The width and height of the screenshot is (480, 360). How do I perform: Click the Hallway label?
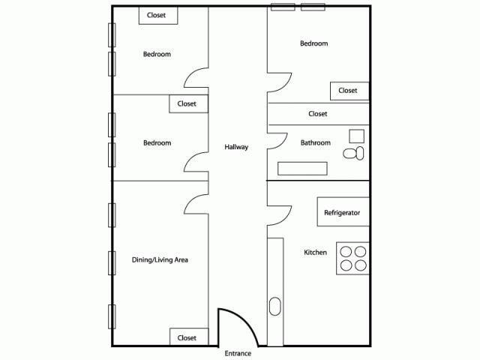(236, 147)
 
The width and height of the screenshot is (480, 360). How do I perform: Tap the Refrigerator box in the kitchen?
(342, 212)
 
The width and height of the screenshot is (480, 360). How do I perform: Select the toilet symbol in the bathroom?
(353, 153)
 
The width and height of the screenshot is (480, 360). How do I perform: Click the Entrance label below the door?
(238, 352)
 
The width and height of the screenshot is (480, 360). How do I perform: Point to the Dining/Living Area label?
(160, 259)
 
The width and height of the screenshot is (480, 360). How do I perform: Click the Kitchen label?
(315, 252)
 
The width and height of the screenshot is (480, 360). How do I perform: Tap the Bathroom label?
(315, 142)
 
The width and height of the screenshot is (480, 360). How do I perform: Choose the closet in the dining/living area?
(187, 337)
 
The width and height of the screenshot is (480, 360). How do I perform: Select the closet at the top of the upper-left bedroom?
(157, 15)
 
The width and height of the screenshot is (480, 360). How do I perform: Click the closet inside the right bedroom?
(348, 91)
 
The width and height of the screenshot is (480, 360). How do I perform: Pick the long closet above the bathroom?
(318, 114)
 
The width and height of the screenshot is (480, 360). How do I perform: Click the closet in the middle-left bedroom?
(187, 103)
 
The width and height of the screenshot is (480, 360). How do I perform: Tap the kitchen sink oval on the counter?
(274, 307)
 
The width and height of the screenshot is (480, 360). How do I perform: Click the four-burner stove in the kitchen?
(352, 259)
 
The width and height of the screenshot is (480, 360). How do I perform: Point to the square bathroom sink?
(356, 136)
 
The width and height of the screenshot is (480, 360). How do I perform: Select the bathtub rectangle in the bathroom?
(304, 168)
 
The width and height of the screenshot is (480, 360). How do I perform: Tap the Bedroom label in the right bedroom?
(313, 43)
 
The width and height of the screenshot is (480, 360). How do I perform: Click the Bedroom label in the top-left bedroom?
(157, 54)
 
